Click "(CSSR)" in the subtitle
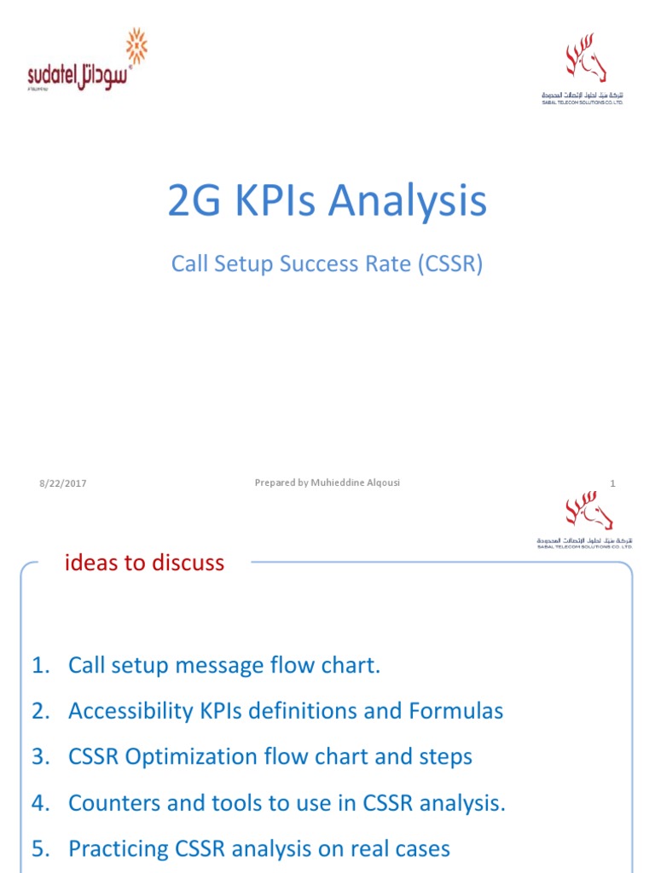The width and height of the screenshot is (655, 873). tap(450, 263)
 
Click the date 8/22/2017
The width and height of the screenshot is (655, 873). tap(62, 484)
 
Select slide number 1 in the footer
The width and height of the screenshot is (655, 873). tap(612, 483)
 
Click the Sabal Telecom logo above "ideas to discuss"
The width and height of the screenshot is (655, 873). tap(585, 518)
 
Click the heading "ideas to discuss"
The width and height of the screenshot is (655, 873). tap(145, 563)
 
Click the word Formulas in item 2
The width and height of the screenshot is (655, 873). tap(459, 711)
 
